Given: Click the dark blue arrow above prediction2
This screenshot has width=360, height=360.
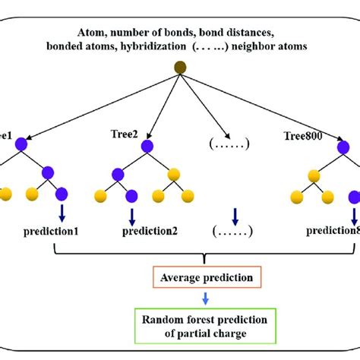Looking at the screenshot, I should point(132,214).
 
